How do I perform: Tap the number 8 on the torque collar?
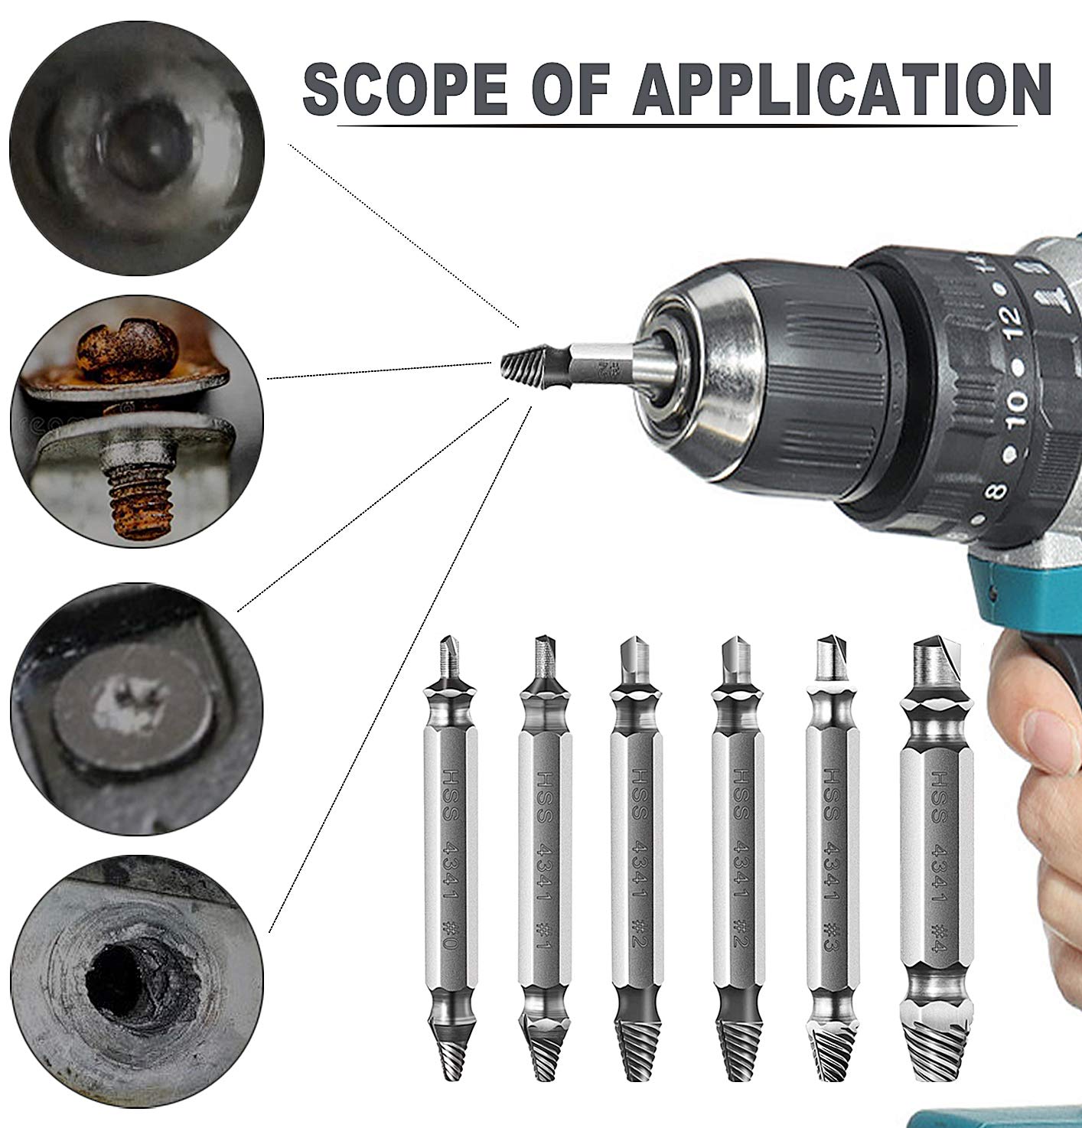[997, 487]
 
